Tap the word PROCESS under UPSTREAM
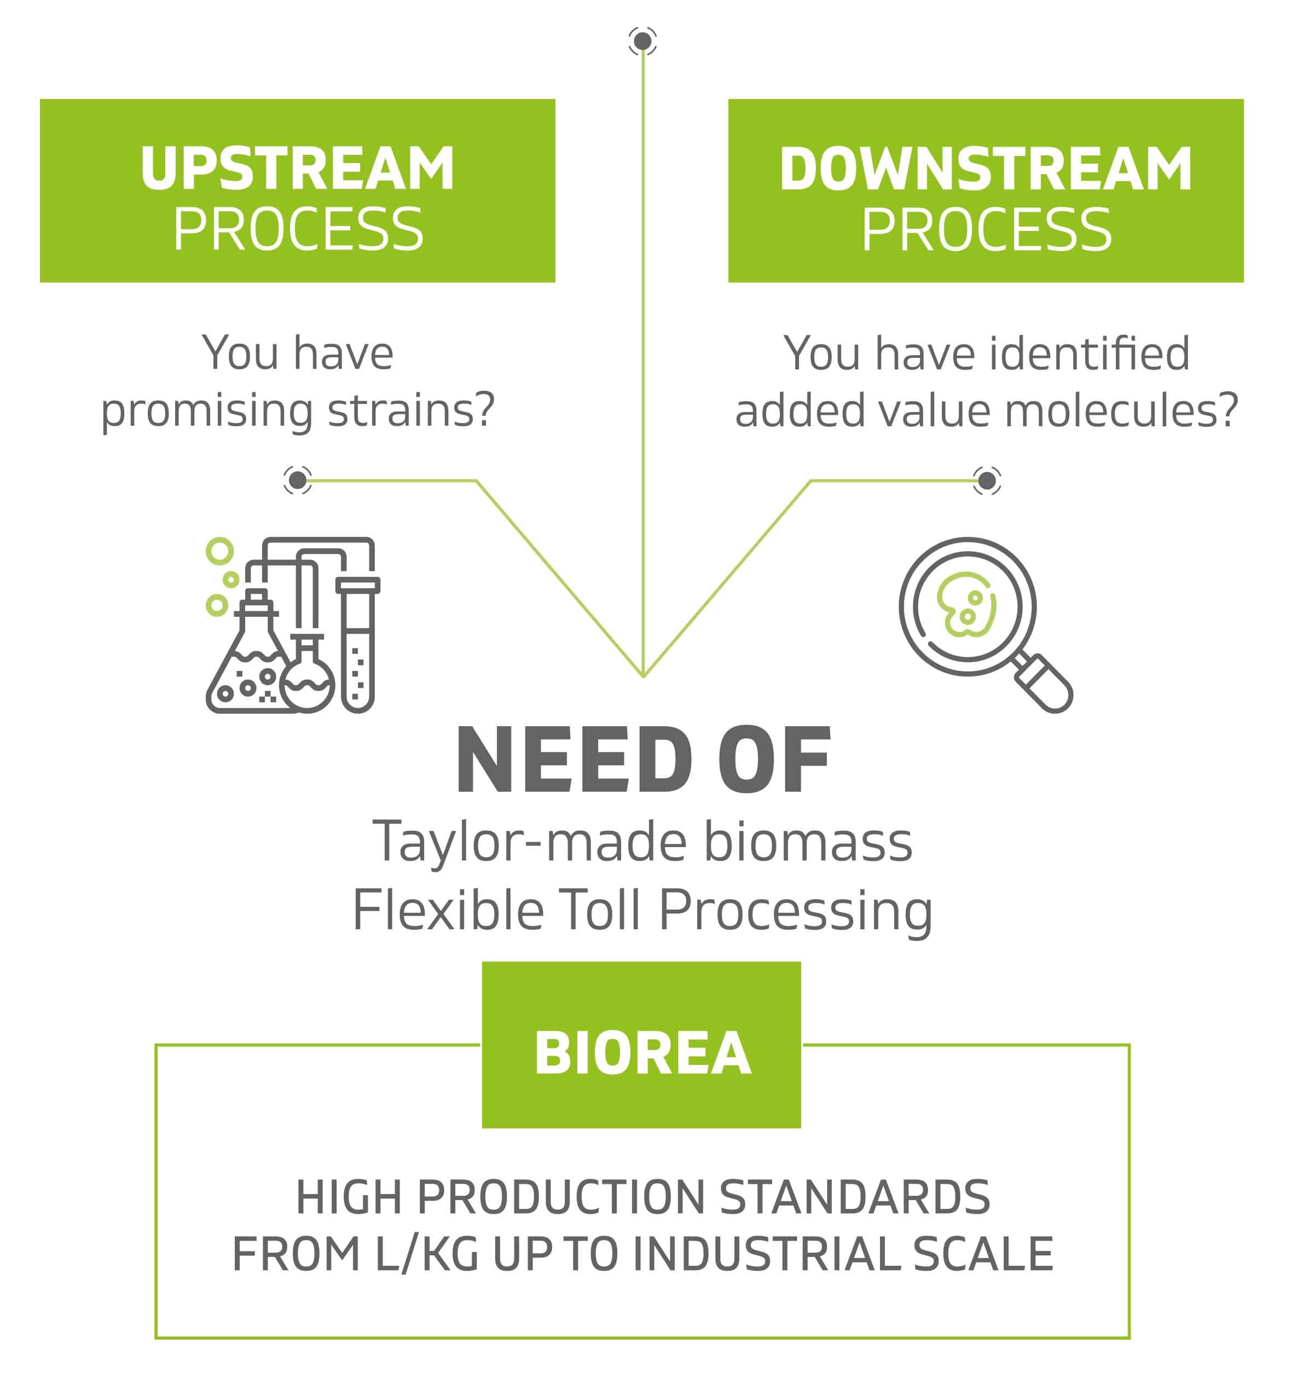[298, 230]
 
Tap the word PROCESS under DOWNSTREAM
[986, 230]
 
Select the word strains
[411, 410]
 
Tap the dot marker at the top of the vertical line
[642, 41]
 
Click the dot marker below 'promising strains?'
[298, 480]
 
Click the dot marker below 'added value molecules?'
[987, 480]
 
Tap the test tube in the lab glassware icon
[358, 645]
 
